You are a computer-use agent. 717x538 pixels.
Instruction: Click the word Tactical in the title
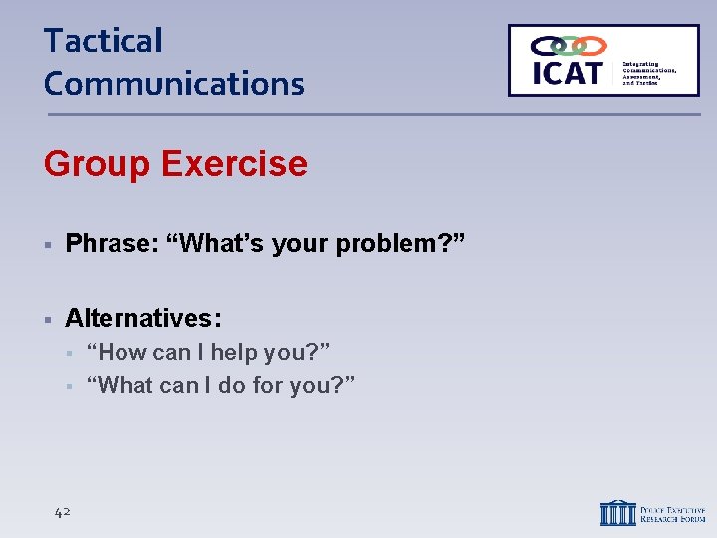coord(103,41)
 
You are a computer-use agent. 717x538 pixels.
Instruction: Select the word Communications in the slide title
coord(173,83)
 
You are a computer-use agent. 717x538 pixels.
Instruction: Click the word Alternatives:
coord(143,318)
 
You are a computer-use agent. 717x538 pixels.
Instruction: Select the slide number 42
coord(62,512)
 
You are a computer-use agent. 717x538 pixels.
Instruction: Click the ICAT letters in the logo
coord(567,73)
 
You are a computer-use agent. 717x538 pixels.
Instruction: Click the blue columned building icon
coord(617,512)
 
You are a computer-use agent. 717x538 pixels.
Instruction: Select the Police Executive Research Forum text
coord(673,512)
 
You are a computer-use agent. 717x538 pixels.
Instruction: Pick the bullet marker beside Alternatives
coord(48,319)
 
